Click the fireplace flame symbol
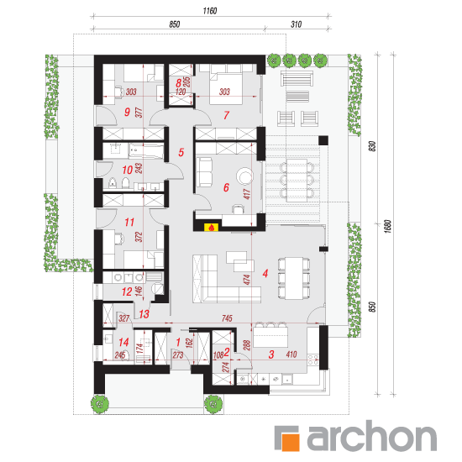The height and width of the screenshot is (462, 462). click(211, 227)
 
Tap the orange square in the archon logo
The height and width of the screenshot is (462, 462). click(291, 442)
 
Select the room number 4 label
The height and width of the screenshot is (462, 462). click(265, 274)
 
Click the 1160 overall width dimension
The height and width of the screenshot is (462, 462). click(210, 11)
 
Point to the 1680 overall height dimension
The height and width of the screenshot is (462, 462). click(388, 226)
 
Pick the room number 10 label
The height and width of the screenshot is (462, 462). click(128, 170)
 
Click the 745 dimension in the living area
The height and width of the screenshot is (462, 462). click(227, 318)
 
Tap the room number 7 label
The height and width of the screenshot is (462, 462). click(226, 115)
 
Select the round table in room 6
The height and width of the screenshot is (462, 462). click(244, 176)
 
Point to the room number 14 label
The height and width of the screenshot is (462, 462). click(123, 342)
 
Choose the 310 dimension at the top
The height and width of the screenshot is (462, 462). click(297, 24)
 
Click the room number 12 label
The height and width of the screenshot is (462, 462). click(127, 291)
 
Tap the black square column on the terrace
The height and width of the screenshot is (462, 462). click(323, 140)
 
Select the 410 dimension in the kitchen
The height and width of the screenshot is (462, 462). click(291, 354)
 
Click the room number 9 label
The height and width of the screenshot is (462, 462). click(127, 112)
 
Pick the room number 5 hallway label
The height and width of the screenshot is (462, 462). click(181, 152)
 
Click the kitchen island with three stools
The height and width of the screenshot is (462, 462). click(270, 336)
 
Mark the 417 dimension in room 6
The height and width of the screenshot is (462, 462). click(247, 194)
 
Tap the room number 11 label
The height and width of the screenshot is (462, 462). click(129, 222)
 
